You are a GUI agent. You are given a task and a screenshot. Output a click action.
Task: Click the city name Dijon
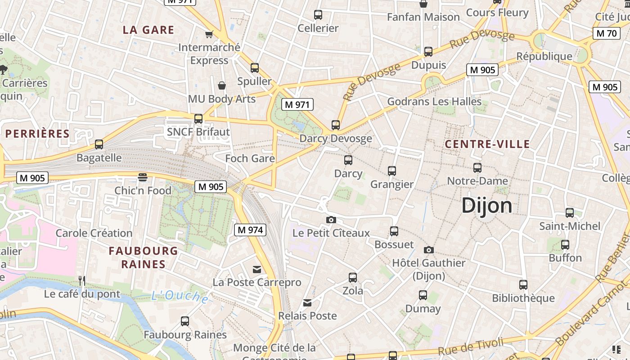[x=487, y=206]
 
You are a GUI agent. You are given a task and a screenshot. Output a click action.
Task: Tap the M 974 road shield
[x=250, y=230]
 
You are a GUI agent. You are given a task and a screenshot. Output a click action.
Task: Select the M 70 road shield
[x=606, y=33]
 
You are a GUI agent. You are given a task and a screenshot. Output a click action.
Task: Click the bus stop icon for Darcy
[x=348, y=160]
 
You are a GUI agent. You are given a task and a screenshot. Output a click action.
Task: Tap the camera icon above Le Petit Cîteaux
[x=331, y=220]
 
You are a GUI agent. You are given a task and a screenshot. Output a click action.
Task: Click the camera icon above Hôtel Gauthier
[x=429, y=250]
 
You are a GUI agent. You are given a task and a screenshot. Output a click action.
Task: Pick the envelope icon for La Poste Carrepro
[x=257, y=270]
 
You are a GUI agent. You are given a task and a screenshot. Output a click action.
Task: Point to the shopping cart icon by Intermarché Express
[x=209, y=34]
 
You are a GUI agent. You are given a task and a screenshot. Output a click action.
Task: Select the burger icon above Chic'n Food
[x=143, y=177]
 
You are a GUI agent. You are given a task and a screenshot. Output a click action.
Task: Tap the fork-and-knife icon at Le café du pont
[x=82, y=281]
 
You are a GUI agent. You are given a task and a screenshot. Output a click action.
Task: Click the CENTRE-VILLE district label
[x=487, y=144]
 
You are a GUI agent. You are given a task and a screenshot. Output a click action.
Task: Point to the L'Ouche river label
[x=180, y=296]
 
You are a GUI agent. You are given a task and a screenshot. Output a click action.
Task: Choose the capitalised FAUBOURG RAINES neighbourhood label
[x=143, y=257]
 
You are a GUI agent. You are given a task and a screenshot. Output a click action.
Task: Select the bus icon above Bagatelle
[x=99, y=144]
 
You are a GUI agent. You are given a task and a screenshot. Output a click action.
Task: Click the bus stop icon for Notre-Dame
[x=477, y=168]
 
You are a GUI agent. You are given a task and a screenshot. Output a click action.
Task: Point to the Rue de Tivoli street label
[x=470, y=347]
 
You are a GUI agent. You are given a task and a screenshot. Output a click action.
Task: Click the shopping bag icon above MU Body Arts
[x=222, y=85]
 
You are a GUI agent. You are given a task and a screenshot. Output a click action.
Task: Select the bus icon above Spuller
[x=255, y=68]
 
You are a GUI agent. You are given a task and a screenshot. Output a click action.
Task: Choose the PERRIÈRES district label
[x=38, y=134]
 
